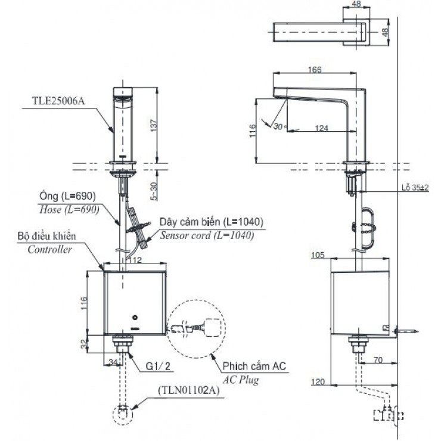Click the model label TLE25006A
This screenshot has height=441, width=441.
pos(58,101)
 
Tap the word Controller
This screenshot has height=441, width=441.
pos(50,250)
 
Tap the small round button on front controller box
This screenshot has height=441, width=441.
pos(136,317)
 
